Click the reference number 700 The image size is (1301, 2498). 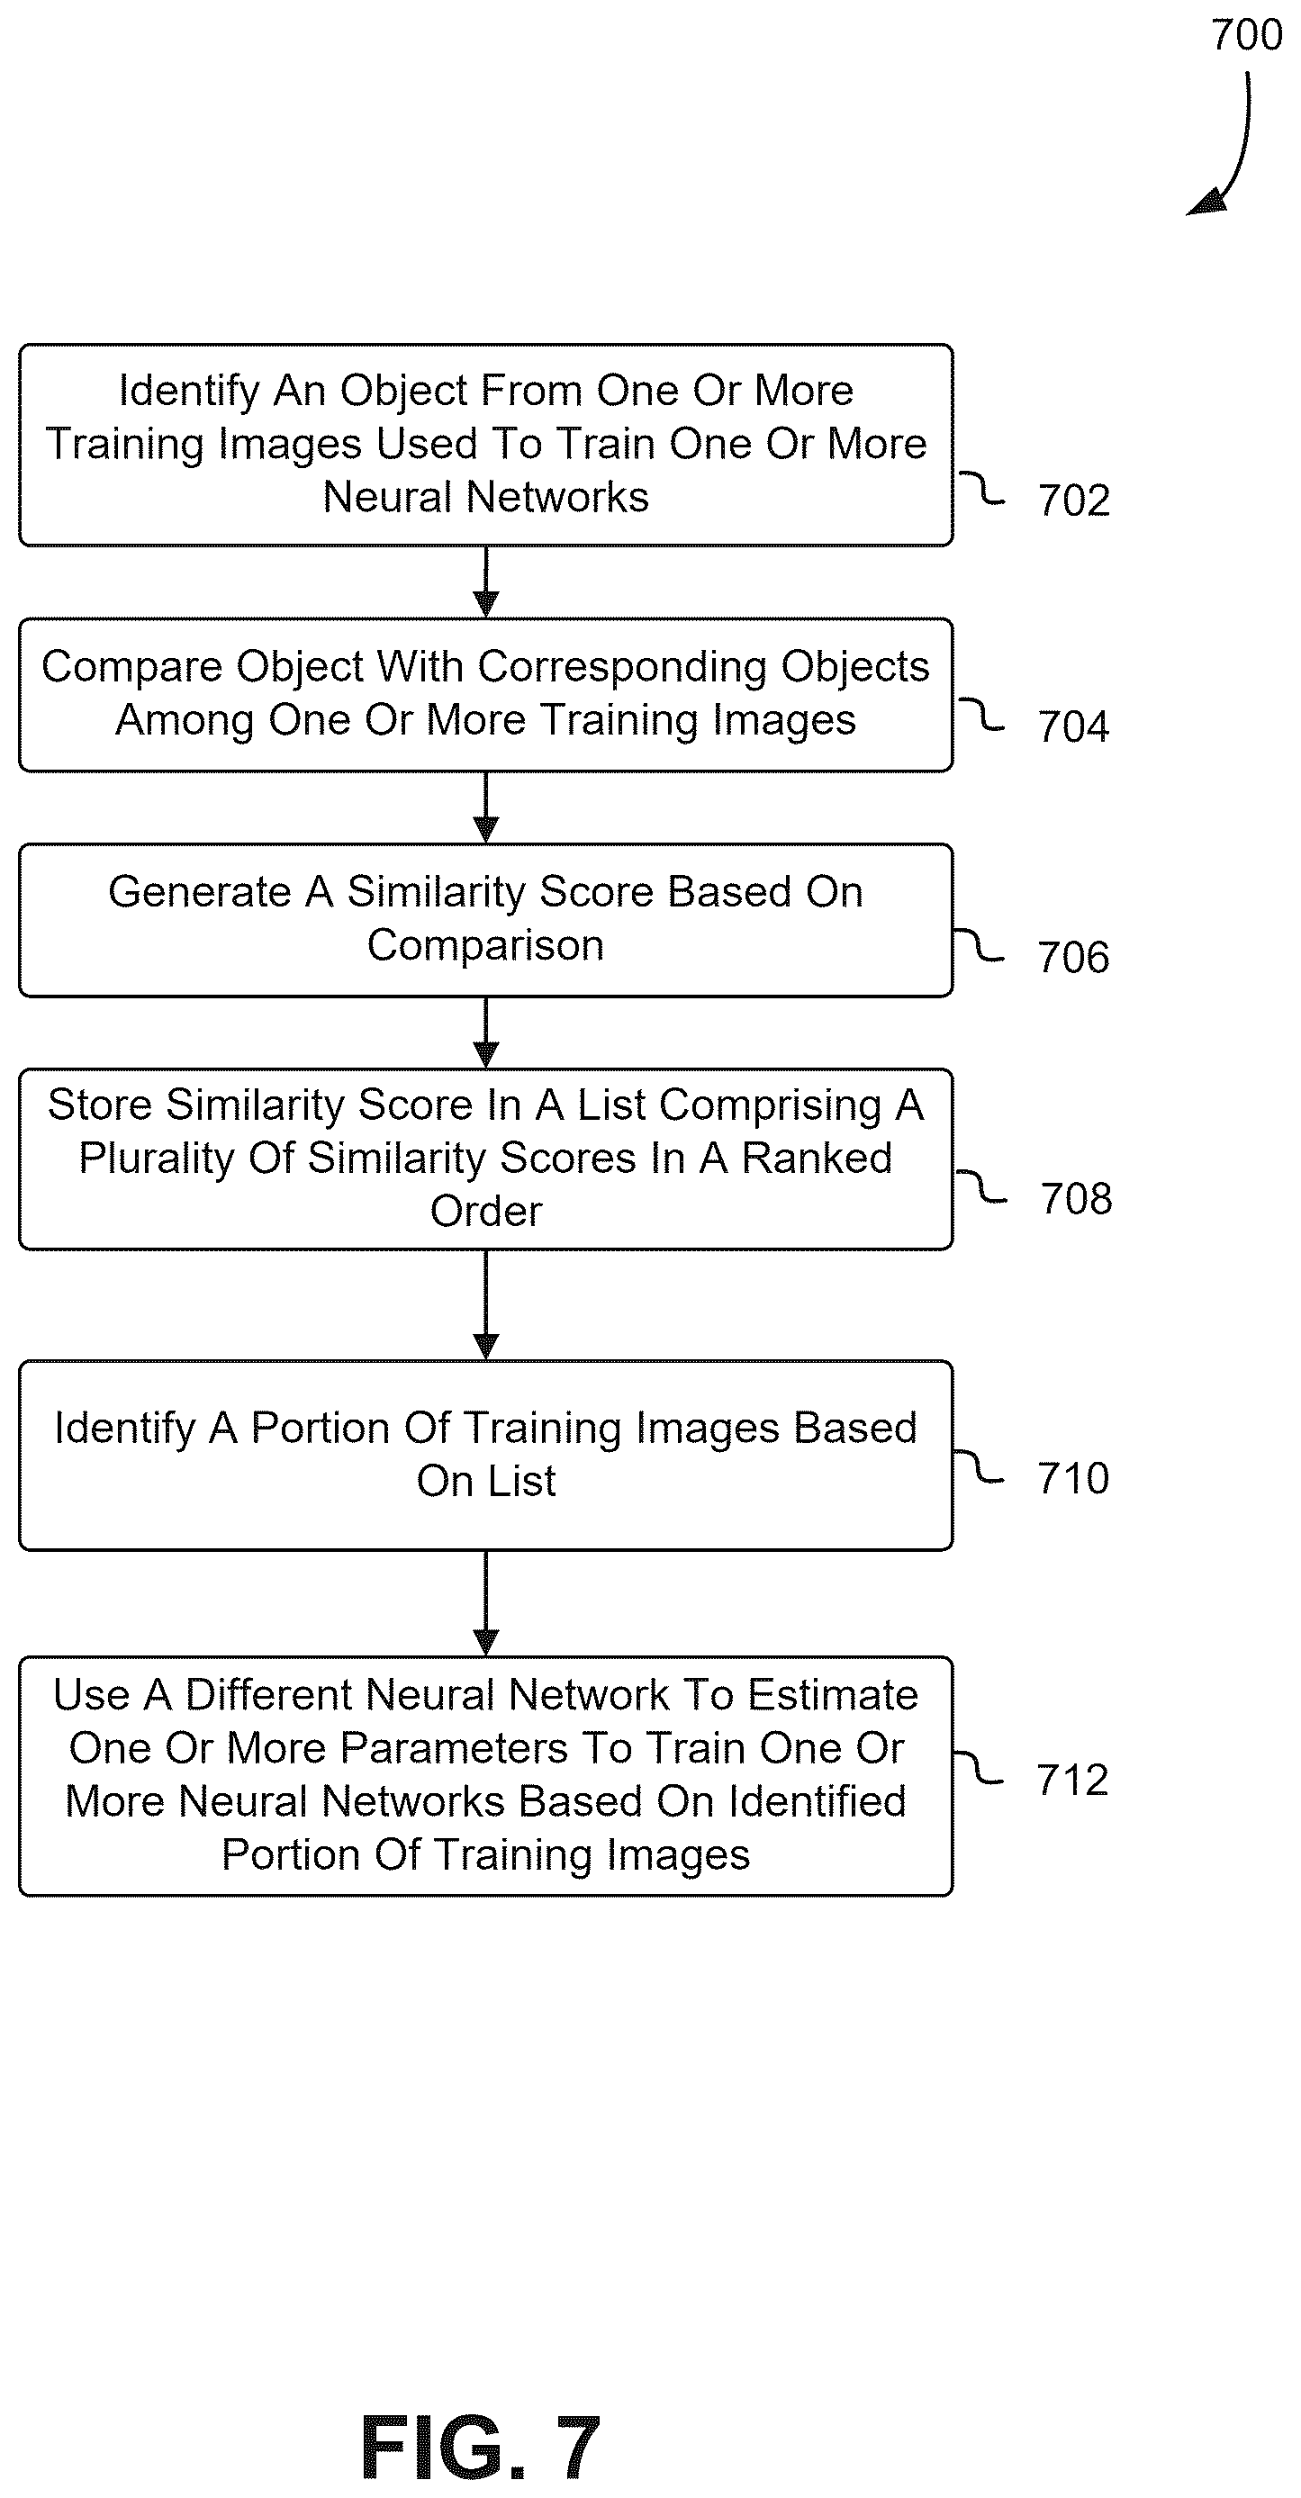pos(1247,35)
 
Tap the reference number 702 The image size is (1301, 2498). pos(1074,501)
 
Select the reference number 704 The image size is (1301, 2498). pos(1073,726)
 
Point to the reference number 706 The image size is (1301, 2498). pos(1073,957)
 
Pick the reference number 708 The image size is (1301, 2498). pos(1076,1198)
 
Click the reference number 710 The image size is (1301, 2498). pos(1073,1478)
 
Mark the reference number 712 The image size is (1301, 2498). pos(1072,1780)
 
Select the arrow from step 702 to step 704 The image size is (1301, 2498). pos(486,582)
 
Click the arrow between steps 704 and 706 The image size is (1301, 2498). pos(486,807)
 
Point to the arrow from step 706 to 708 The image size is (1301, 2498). pos(486,1033)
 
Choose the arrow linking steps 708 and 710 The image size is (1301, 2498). pos(486,1305)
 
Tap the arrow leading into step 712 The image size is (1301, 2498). pos(486,1604)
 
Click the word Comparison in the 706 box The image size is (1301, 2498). pos(485,946)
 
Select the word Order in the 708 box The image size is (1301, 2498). pos(486,1211)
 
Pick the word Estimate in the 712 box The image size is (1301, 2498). pos(833,1695)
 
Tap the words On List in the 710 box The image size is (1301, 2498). pos(486,1481)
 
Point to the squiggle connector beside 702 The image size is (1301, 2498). pos(981,488)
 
